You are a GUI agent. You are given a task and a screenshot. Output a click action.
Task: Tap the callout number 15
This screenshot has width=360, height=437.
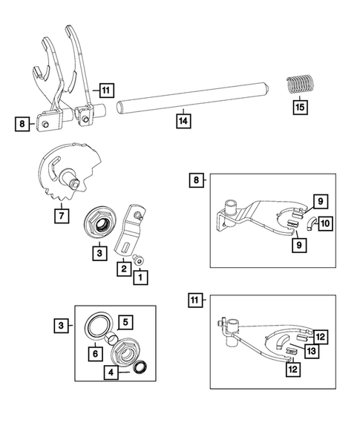299,106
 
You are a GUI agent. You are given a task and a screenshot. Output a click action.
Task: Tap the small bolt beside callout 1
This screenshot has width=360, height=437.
141,260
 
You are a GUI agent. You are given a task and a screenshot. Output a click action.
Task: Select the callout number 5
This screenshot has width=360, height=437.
125,321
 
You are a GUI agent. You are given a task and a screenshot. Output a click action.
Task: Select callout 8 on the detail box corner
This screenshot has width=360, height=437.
196,180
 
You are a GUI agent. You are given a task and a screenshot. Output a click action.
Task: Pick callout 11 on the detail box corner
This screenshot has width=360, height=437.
196,300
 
